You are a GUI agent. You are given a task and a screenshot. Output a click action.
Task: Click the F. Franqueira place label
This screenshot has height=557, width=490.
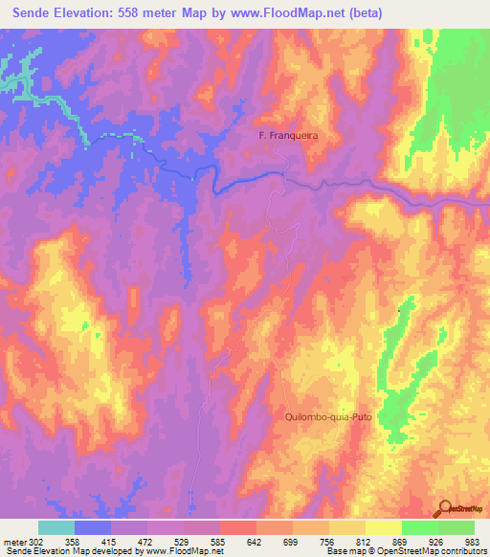pos(288,136)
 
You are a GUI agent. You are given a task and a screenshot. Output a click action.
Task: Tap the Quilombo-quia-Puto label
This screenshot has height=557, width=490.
pos(327,417)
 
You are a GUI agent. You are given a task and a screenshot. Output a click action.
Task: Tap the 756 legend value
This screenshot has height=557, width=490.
pos(311,542)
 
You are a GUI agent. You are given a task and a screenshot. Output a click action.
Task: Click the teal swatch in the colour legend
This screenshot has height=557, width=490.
pos(56,527)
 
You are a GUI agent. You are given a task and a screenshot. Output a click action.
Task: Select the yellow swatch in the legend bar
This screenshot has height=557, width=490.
pos(383,527)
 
